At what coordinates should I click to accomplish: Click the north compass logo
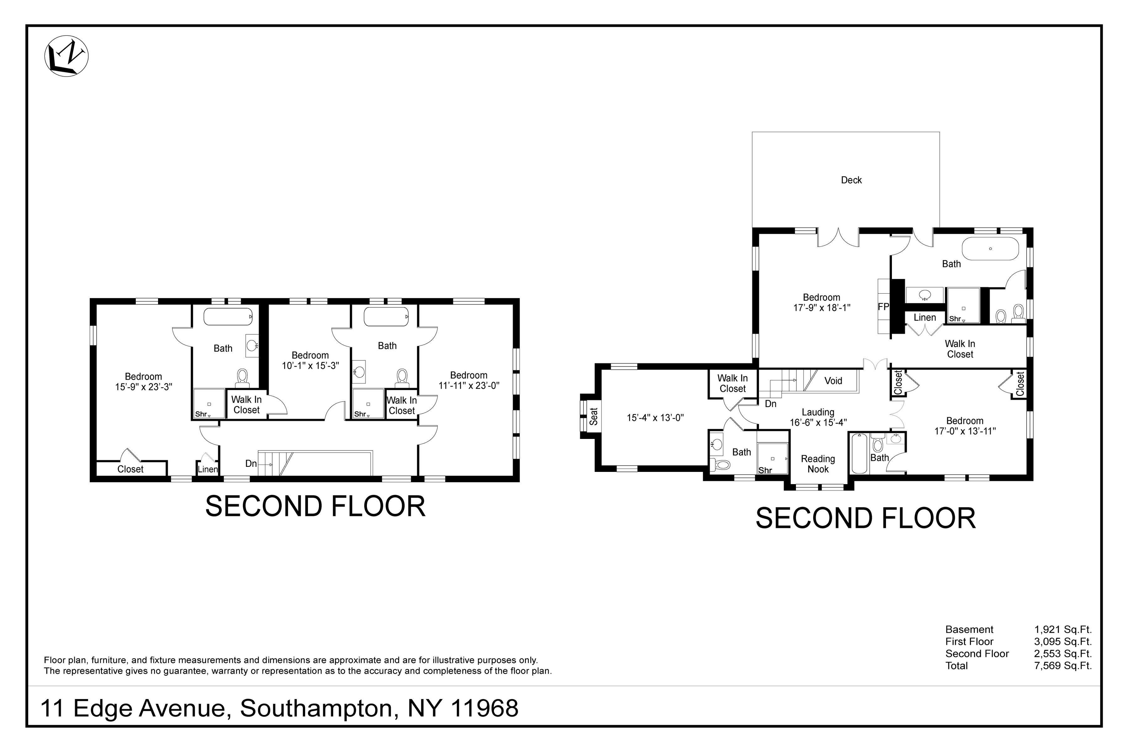coord(66,56)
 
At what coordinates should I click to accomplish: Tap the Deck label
coord(851,180)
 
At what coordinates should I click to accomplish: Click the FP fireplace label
coord(883,307)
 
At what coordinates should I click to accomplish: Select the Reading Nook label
coord(818,464)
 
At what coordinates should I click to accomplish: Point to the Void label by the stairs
coord(833,381)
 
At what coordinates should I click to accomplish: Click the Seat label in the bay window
coord(594,416)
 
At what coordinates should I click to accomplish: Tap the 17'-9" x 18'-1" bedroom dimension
coord(822,308)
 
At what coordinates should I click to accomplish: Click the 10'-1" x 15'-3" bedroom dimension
coord(310,366)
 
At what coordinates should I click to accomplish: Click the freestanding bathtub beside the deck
coord(990,249)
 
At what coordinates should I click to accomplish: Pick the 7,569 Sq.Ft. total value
coord(1063,665)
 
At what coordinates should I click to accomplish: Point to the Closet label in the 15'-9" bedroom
coord(130,469)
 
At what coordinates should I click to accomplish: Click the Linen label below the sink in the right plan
coord(925,318)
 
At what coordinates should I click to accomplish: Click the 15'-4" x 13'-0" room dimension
coord(655,418)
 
